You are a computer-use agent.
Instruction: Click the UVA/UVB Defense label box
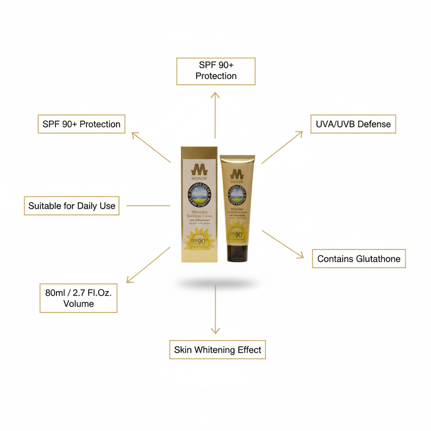pos(353,124)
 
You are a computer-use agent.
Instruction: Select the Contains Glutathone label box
pos(359,258)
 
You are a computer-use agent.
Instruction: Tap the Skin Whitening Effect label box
pos(218,350)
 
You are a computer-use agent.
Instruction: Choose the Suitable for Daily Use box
pos(72,206)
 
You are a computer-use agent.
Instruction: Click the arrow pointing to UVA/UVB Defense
pos(282,147)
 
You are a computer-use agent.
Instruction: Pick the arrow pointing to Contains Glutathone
pos(282,244)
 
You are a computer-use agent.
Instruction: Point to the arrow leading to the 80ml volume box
pos(148,265)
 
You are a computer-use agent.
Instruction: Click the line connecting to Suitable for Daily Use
pos(148,206)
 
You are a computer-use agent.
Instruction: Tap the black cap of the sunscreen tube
pos(237,253)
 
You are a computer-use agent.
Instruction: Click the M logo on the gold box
pos(199,170)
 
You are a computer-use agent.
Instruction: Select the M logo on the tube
pos(237,173)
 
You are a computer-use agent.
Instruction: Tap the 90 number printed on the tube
pos(239,234)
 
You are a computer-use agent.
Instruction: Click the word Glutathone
pos(378,258)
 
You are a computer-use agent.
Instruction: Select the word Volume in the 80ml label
pos(78,303)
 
